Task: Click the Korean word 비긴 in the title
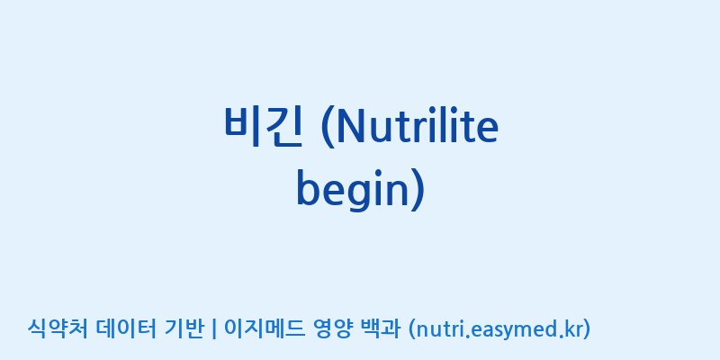[263, 127]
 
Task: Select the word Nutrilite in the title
[418, 126]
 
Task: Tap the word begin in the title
[352, 189]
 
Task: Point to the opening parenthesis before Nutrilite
[328, 128]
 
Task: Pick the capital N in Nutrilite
[351, 126]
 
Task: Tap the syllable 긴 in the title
[284, 127]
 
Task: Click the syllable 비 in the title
[242, 127]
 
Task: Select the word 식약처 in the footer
[57, 328]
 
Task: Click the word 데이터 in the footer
[127, 328]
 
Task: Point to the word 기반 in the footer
[184, 328]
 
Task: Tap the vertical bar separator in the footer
[214, 329]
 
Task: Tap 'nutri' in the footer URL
[440, 328]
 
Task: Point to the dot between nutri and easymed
[468, 336]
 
